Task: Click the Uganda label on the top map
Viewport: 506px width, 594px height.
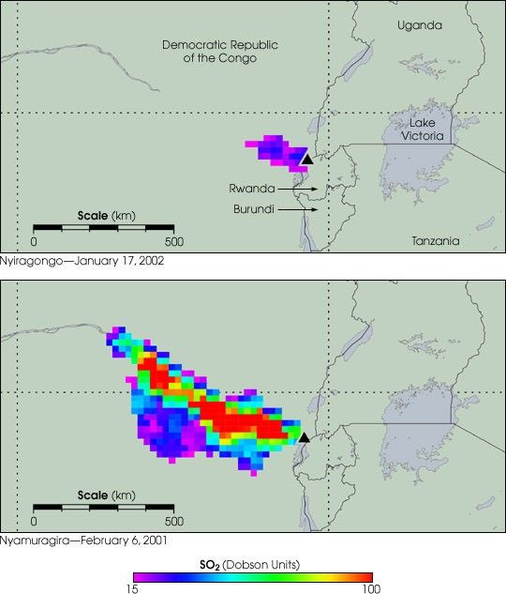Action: click(419, 25)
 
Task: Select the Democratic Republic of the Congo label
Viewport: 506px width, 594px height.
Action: click(209, 51)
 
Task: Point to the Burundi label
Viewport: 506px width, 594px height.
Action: click(253, 209)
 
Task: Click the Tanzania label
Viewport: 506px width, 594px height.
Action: click(436, 241)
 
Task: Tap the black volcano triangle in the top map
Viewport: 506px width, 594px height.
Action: click(306, 160)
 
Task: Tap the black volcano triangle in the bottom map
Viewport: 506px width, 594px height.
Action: click(303, 437)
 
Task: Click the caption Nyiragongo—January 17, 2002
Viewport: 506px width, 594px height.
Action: click(82, 261)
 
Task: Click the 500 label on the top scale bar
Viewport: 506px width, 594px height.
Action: click(173, 241)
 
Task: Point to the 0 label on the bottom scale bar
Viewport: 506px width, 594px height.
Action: click(35, 520)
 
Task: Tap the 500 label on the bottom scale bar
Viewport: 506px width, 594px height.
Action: click(173, 520)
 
